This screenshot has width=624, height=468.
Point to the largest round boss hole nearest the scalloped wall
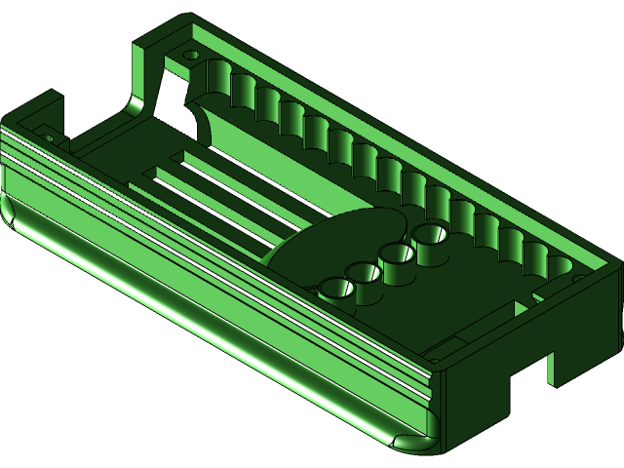point(430,235)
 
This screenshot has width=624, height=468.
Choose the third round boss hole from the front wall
point(397,255)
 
